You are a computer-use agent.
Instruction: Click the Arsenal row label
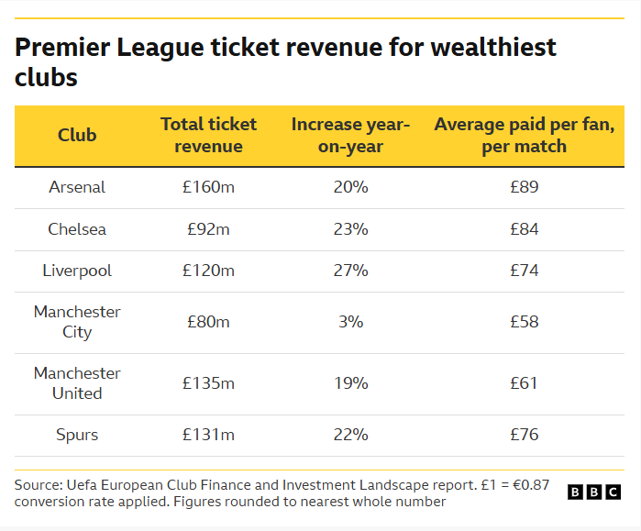77,187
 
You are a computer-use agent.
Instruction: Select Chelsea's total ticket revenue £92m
208,229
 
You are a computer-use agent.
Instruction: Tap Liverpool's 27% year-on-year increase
350,271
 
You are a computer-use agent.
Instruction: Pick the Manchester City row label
77,322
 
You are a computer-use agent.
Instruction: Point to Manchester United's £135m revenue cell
208,383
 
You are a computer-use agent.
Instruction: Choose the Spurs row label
77,435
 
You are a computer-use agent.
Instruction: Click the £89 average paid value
524,187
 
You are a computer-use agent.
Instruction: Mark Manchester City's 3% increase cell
350,322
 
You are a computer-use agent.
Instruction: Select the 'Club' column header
77,135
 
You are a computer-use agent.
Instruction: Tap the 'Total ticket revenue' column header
208,135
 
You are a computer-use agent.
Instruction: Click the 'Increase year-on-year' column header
350,135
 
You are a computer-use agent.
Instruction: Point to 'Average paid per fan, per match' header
524,135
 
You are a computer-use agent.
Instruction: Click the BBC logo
594,492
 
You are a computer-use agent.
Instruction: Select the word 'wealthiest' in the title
487,48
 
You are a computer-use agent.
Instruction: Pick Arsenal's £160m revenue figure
208,187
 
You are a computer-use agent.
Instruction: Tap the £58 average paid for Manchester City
524,322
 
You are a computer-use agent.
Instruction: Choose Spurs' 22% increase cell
350,435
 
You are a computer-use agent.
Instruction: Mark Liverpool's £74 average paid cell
524,271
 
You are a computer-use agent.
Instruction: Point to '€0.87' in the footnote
531,485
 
